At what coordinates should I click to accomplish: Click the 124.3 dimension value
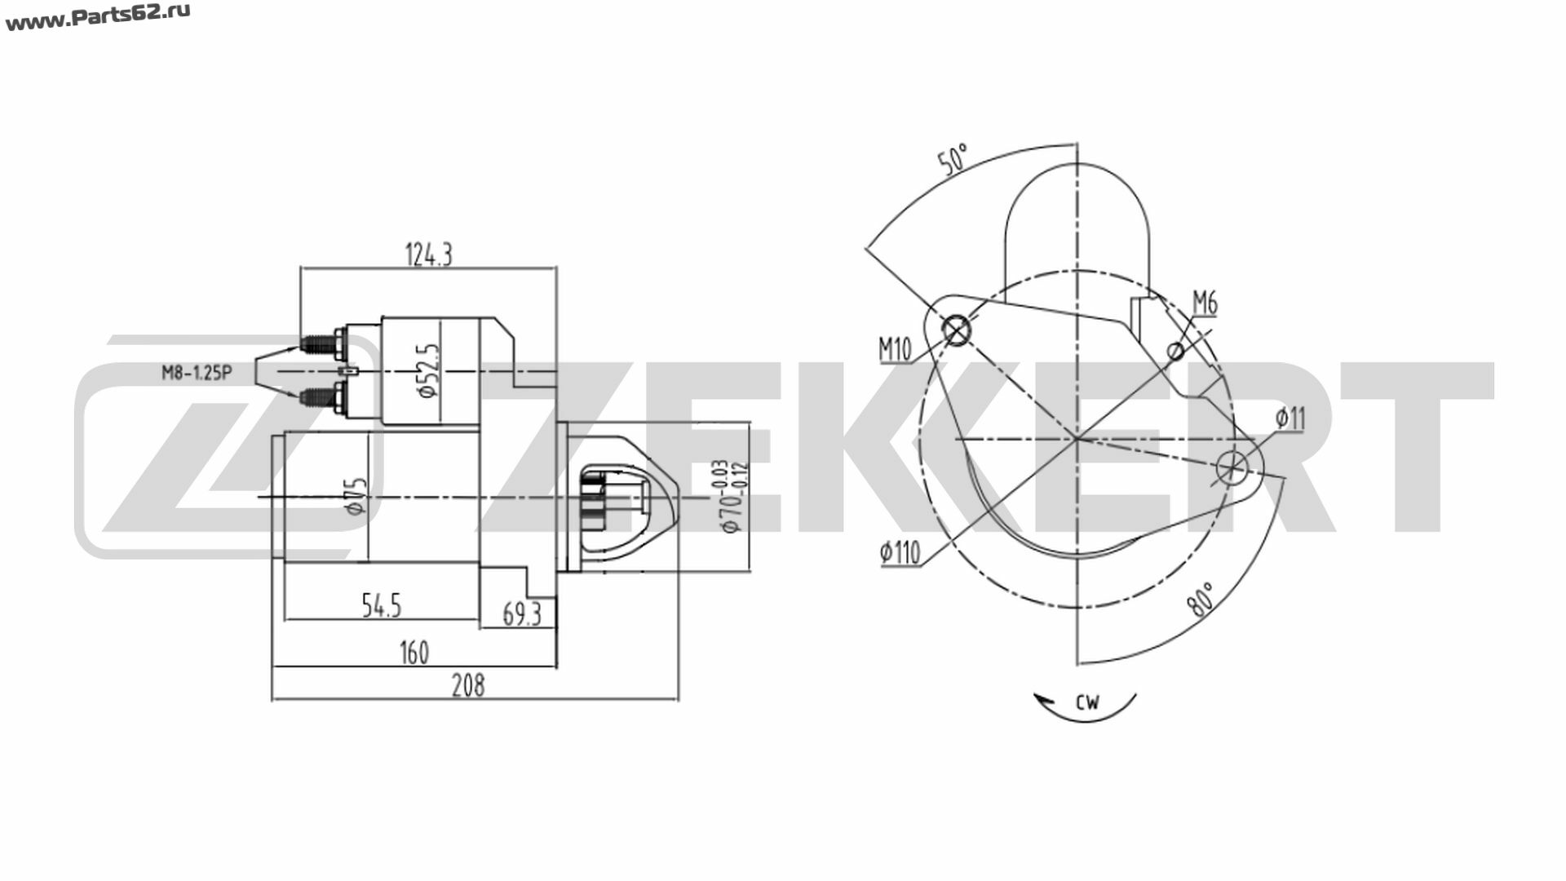point(428,255)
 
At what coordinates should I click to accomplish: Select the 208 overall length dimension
point(468,686)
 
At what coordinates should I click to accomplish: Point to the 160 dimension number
point(414,653)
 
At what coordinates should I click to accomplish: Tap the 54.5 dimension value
point(381,605)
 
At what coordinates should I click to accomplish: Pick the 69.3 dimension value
point(521,613)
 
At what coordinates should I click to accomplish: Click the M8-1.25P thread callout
point(197,374)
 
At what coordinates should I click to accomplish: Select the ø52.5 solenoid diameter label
point(429,370)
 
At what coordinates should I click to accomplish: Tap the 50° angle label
point(952,159)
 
